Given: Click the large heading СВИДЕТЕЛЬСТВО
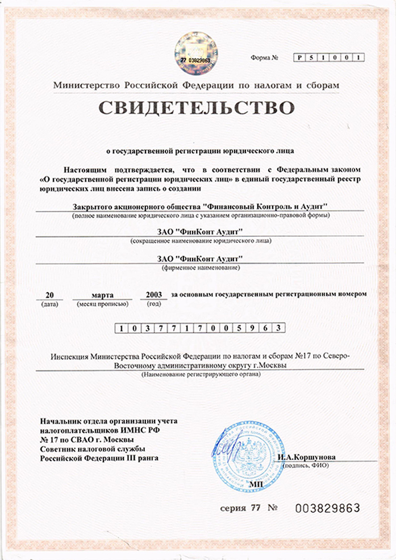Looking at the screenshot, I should pos(198,108).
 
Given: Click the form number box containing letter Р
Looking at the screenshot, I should pos(299,57).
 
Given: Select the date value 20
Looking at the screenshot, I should pos(49,295).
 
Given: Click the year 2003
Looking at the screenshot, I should pos(153,295).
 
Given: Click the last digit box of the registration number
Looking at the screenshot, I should pos(278,329).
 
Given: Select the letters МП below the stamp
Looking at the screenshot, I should pos(257,483).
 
